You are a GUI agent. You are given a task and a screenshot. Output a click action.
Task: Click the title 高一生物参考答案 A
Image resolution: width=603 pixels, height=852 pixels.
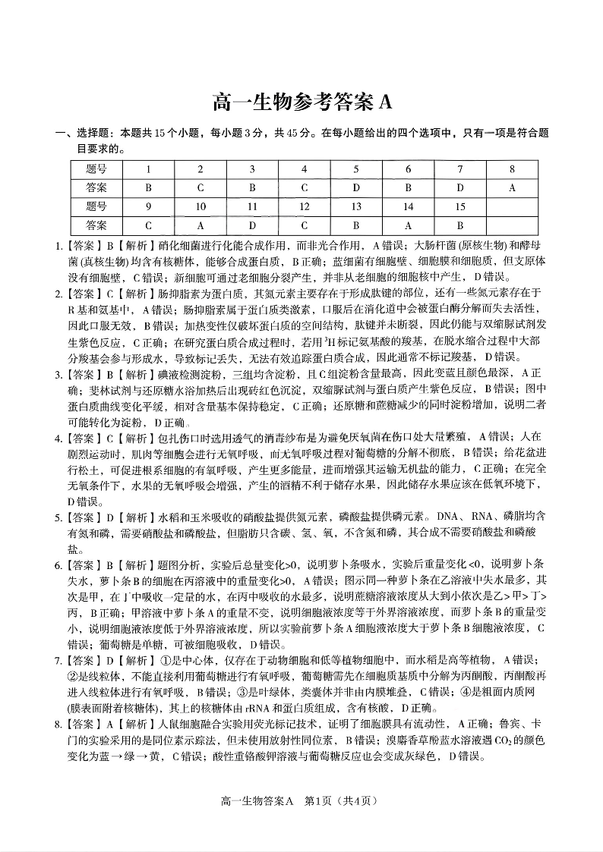coord(301,102)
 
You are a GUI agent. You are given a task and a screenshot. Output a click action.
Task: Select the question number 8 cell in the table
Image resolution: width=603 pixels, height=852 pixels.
coord(512,169)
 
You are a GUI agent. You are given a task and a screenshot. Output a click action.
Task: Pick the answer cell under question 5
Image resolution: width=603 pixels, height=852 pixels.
coord(356,187)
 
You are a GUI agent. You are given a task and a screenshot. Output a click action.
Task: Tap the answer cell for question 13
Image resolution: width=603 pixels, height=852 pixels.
coord(356,225)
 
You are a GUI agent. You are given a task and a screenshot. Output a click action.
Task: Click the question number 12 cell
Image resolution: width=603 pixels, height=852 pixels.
coord(304,206)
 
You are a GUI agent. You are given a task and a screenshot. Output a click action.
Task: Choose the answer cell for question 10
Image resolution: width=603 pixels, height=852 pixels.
coord(200,225)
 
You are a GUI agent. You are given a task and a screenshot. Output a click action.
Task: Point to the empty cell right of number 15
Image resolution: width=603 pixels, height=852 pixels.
coord(512,206)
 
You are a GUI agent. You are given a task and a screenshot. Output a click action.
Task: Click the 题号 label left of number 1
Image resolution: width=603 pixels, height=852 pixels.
coord(96,169)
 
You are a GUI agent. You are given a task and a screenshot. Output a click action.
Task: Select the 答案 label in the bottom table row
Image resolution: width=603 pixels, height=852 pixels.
coord(96,225)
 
